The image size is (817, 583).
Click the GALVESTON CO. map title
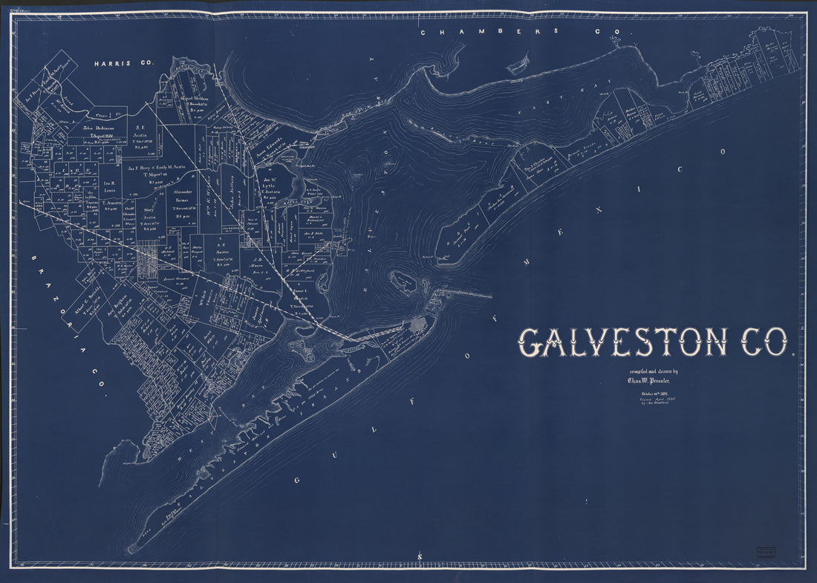[x=654, y=343]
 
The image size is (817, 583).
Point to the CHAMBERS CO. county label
[x=526, y=33]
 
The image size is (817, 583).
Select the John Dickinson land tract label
[x=94, y=127]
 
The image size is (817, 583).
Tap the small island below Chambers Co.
[x=518, y=64]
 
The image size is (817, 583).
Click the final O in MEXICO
[x=721, y=151]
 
